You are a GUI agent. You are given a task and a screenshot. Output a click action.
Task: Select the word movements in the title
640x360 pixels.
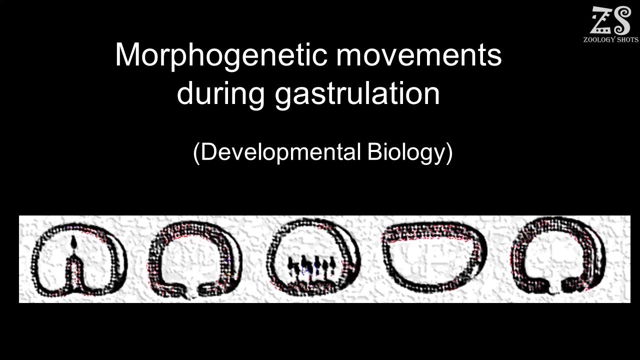[x=418, y=55]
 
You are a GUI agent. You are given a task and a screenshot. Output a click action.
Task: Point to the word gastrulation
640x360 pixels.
[x=357, y=93]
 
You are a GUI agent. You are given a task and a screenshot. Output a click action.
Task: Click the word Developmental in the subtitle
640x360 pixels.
[x=280, y=152]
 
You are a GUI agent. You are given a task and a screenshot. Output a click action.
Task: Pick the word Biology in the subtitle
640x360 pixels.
[x=405, y=152]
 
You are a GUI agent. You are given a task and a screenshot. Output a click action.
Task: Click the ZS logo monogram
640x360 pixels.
[x=610, y=21]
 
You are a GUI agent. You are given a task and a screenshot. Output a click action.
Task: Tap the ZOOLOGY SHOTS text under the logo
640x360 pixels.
[x=610, y=40]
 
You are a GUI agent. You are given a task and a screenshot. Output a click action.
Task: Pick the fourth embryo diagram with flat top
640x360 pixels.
[x=433, y=257]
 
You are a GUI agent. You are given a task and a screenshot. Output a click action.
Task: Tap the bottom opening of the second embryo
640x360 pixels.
[x=191, y=293]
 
